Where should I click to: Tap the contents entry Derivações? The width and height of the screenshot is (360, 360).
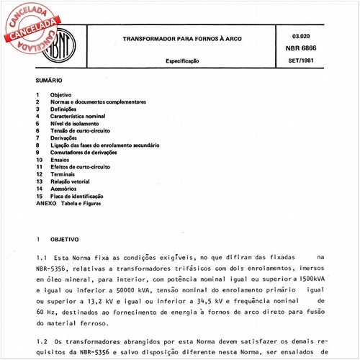click(66, 138)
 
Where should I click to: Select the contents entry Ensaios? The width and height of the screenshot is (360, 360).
click(60, 160)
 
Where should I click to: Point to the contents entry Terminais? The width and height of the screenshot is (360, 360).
click(63, 174)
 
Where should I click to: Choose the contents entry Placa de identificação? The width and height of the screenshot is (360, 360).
click(76, 196)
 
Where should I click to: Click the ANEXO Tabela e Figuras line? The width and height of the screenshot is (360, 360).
click(69, 204)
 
